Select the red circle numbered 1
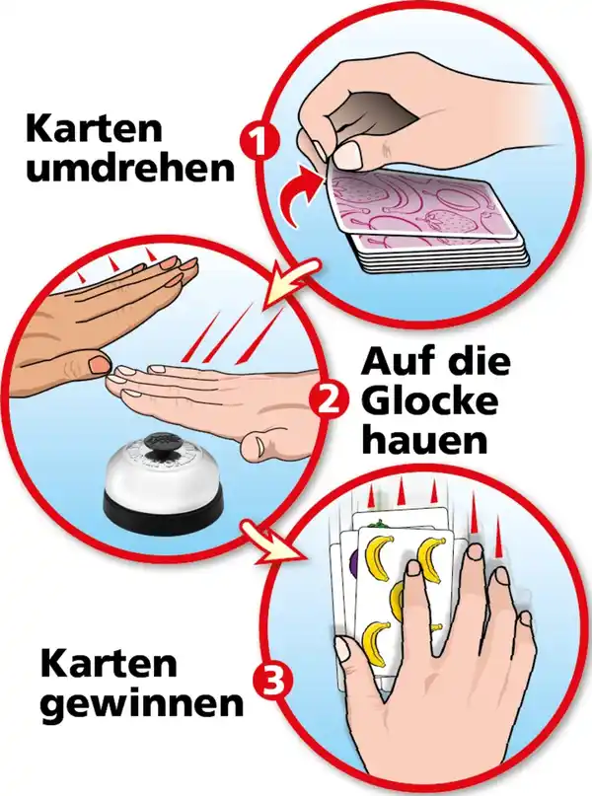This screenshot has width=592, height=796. (x=259, y=142)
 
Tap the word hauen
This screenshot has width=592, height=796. (x=425, y=441)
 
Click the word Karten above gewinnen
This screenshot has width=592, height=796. (x=109, y=663)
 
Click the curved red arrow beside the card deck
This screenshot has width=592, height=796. (x=300, y=194)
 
